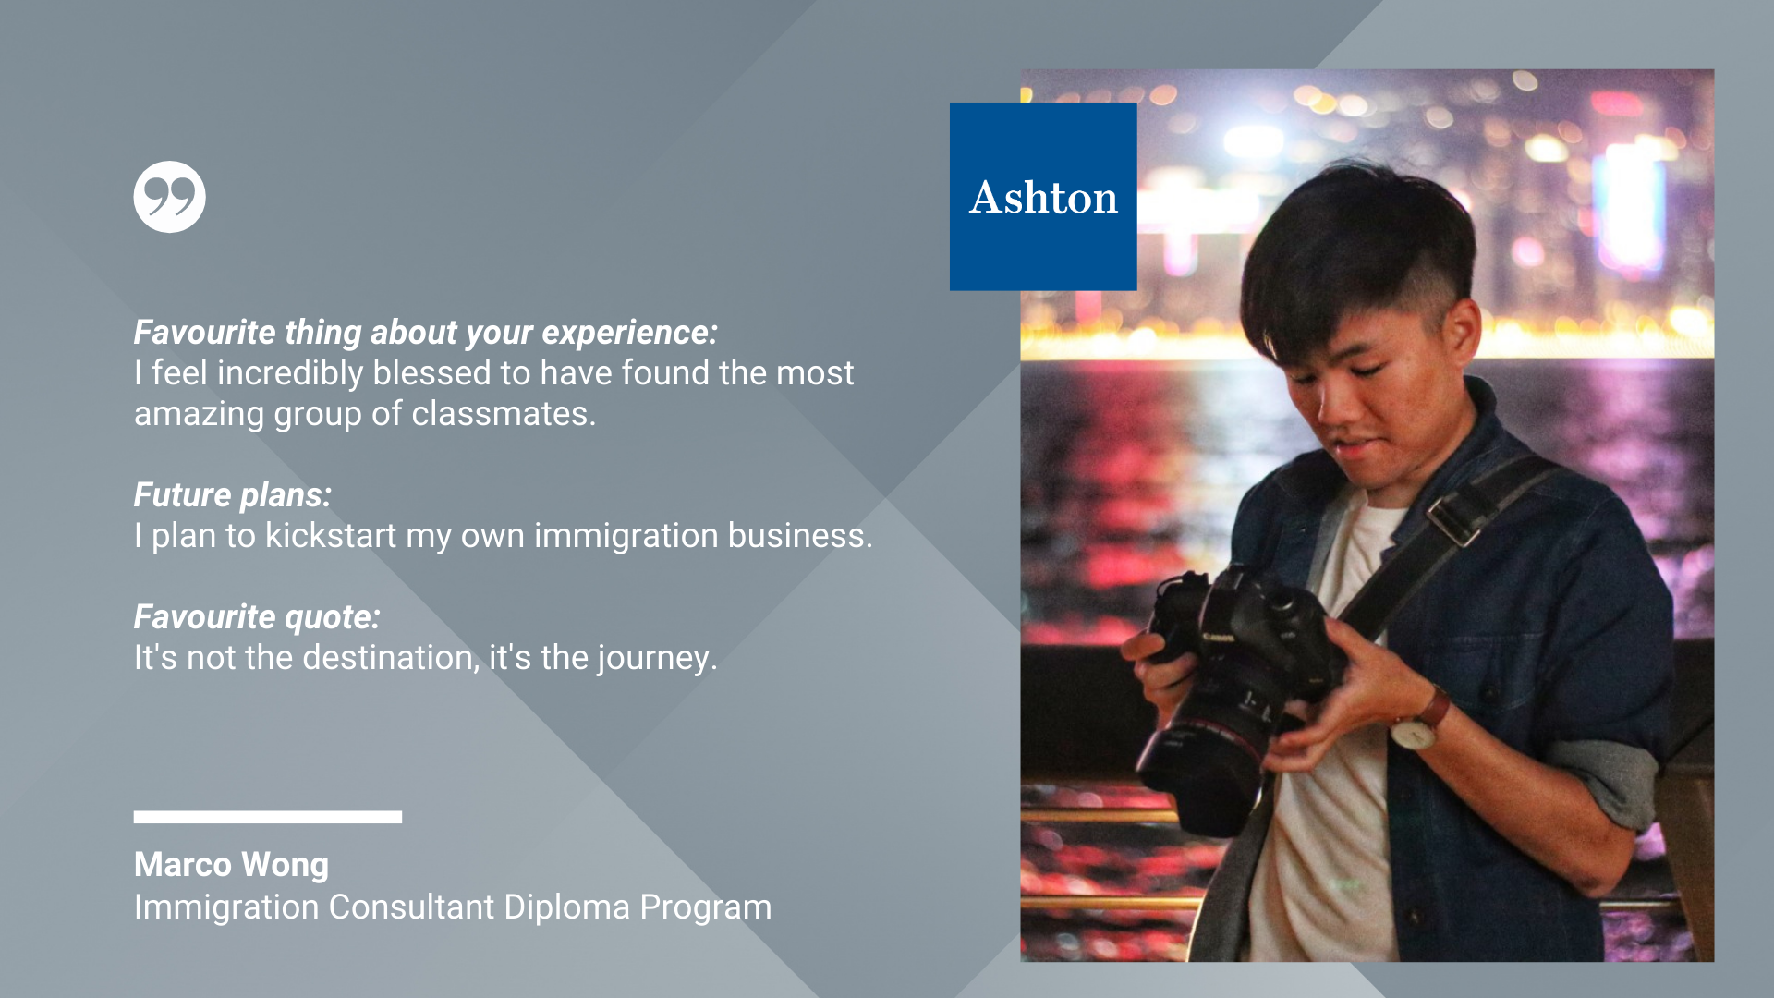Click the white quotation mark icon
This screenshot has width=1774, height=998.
(169, 197)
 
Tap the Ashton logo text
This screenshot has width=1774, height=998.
(1043, 198)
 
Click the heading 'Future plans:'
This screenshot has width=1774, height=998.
(233, 495)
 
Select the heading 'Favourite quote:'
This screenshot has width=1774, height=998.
(257, 617)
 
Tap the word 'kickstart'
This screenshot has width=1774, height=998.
(331, 536)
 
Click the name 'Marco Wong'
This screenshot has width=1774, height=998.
(231, 865)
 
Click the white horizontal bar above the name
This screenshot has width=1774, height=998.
(268, 817)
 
